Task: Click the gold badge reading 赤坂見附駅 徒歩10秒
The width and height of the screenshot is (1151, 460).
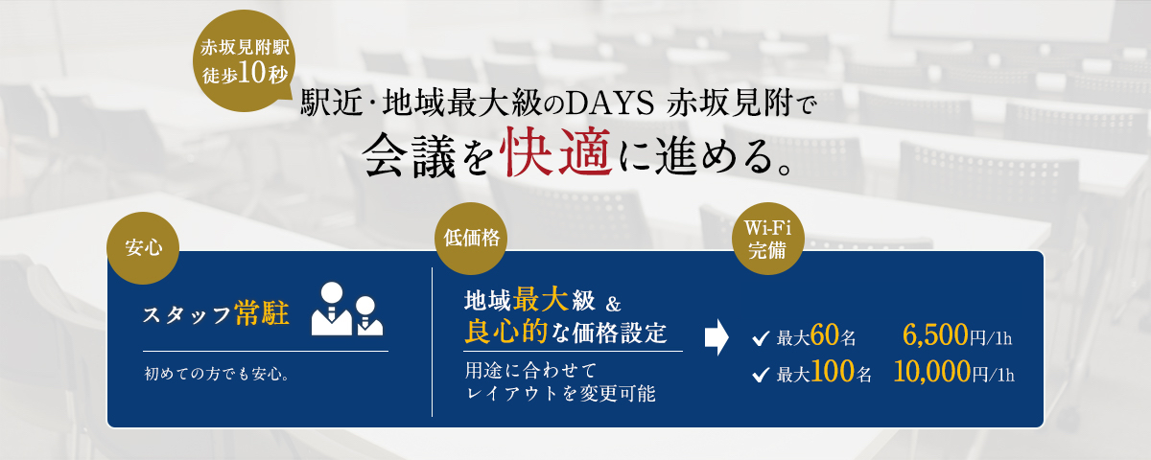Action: (244, 60)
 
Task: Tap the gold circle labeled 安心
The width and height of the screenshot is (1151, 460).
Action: (143, 248)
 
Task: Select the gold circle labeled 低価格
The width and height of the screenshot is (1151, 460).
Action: (471, 239)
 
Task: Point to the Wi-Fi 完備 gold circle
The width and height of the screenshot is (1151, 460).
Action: (767, 239)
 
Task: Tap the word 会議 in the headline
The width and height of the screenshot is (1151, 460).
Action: (411, 155)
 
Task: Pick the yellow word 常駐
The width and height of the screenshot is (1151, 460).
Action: (262, 312)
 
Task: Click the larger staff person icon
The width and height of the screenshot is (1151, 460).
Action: (332, 309)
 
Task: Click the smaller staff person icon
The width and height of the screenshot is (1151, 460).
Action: (370, 316)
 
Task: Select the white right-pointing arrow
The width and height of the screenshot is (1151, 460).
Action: (716, 337)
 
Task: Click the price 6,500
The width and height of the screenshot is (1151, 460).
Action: (935, 335)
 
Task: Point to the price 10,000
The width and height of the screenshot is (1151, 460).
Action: (932, 372)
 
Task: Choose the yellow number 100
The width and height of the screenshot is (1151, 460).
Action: (833, 372)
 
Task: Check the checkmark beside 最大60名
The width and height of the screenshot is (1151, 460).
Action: (761, 338)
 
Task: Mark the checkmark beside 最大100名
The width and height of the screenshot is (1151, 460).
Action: (761, 375)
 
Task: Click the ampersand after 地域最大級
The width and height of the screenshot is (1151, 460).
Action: (613, 304)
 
